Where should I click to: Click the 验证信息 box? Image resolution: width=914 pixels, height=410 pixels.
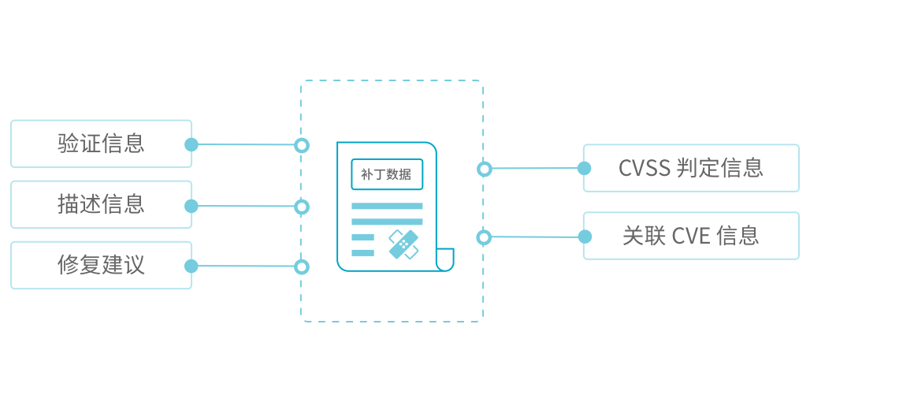[x=101, y=143]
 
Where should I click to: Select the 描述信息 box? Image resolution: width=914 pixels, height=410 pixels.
[x=101, y=204]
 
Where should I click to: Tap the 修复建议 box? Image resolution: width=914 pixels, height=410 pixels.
[x=101, y=265]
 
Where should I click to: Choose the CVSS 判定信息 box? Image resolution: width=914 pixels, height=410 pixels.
[x=690, y=168]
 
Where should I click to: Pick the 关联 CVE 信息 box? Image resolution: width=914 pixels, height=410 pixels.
[x=690, y=236]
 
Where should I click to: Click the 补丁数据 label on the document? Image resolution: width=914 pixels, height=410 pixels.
[x=386, y=174]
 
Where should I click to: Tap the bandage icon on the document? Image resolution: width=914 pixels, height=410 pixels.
[x=404, y=244]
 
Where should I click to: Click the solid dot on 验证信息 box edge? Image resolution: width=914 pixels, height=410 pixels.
[x=191, y=144]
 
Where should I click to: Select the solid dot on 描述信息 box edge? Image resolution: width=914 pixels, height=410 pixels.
[x=191, y=206]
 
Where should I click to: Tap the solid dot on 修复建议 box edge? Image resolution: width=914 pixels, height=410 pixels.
[x=191, y=266]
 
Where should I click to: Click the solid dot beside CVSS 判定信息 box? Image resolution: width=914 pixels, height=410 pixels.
[x=584, y=168]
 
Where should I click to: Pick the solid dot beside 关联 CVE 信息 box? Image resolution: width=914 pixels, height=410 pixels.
[x=584, y=237]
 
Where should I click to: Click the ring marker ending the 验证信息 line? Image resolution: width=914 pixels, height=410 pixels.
[x=301, y=145]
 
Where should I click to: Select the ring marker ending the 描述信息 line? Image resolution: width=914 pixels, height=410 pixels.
[x=301, y=207]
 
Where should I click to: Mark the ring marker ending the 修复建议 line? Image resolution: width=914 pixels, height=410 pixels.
[x=301, y=266]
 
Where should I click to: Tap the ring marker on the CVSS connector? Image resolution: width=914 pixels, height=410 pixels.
[x=485, y=168]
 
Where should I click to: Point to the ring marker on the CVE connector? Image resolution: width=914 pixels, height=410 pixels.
[x=485, y=237]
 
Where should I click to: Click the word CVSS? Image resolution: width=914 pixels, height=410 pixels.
[x=645, y=168]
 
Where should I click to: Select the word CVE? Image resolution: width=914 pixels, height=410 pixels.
[x=691, y=236]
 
